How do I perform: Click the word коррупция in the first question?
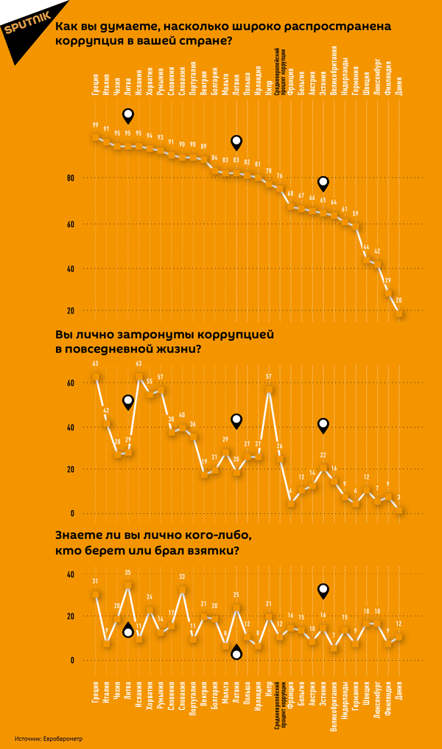pos(85,41)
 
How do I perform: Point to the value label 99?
pos(96,125)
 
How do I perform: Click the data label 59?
pos(355,214)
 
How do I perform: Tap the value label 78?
pos(268,171)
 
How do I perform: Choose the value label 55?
pos(150,381)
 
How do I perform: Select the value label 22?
pos(323,456)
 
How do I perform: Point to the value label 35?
pos(128,573)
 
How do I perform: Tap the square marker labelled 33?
pos(182,590)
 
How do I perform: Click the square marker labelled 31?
pos(96,594)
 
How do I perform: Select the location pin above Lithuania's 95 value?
pos(128,115)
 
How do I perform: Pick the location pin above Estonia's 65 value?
pos(323,183)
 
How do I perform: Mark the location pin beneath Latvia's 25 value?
pos(236,652)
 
